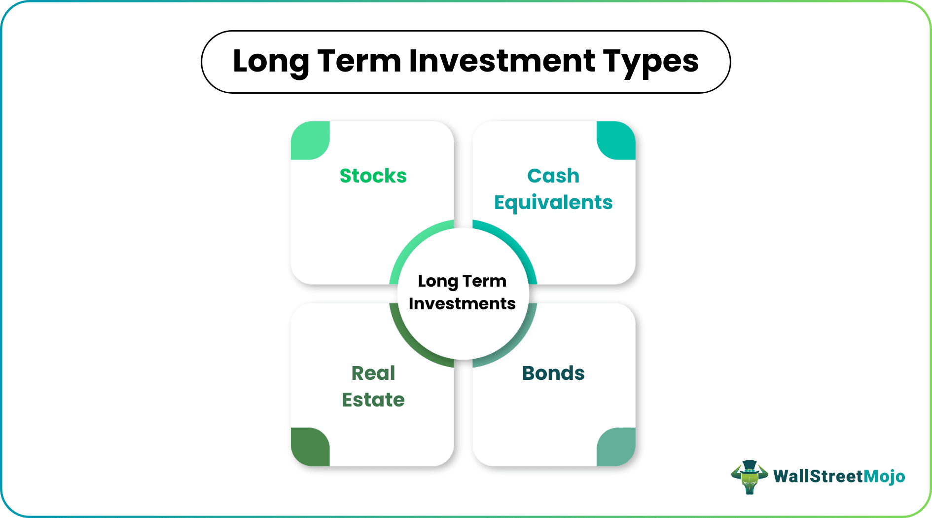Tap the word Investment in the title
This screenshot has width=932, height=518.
(502, 61)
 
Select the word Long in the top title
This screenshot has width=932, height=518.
(270, 61)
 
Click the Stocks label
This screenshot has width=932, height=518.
(373, 176)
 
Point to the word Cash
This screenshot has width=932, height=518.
(553, 176)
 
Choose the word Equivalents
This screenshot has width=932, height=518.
(553, 203)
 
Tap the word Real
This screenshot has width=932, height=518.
(373, 373)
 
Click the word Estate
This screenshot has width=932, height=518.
(373, 400)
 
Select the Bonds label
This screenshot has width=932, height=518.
(553, 373)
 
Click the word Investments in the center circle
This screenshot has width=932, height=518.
(462, 304)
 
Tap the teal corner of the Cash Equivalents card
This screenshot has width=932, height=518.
(616, 141)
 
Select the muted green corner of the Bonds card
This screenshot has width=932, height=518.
(616, 447)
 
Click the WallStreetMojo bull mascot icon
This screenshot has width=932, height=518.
(749, 477)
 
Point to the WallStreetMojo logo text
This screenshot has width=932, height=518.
(839, 477)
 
